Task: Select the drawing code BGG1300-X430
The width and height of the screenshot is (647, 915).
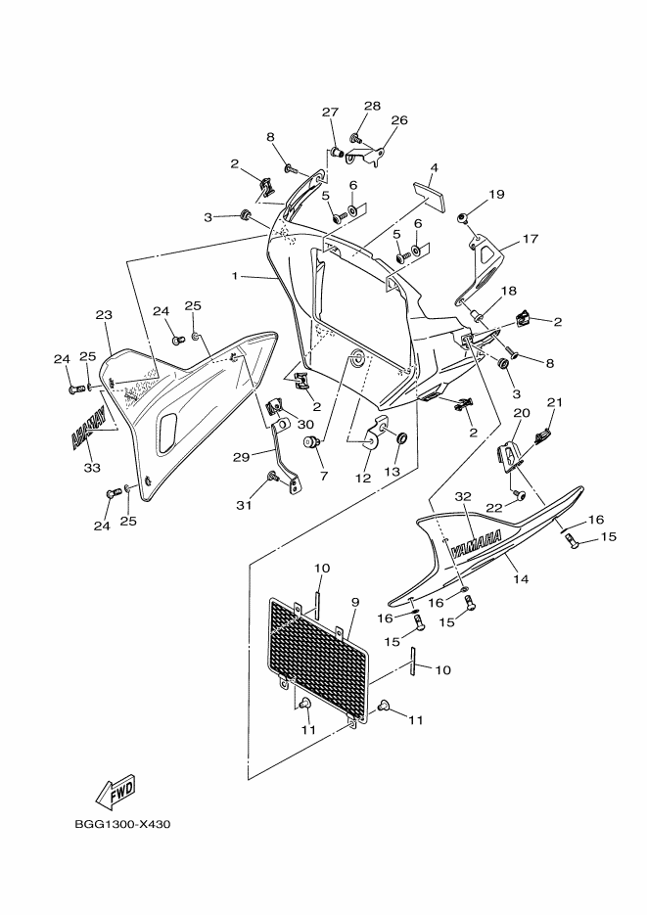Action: (x=122, y=824)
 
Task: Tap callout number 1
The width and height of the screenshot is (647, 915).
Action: (x=235, y=277)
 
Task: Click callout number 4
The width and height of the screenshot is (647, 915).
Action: (x=434, y=167)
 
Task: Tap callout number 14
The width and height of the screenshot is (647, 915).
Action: (x=521, y=579)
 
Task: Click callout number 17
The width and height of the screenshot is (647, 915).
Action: (x=531, y=238)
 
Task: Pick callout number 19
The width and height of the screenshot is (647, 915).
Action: (x=497, y=194)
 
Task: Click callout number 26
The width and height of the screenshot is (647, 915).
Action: (x=398, y=120)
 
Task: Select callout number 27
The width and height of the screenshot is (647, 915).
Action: (x=330, y=112)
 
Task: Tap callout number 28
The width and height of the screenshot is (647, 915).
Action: (x=372, y=106)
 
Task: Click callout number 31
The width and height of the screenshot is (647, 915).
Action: (x=244, y=505)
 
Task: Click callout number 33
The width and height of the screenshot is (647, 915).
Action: (x=93, y=467)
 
